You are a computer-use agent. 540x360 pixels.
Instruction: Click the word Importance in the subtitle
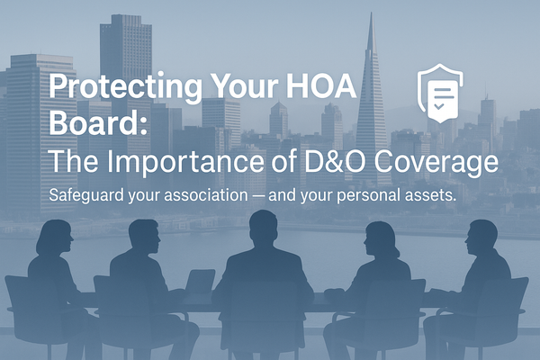coord(178,164)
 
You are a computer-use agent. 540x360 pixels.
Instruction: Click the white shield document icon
coord(441,90)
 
